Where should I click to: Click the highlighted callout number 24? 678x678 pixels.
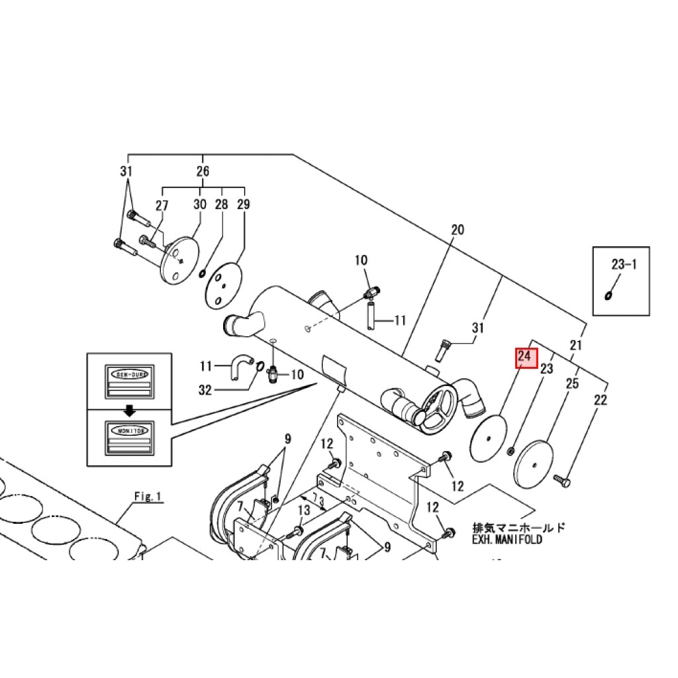524,357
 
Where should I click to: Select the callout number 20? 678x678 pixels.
458,230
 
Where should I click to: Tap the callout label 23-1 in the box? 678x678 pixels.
624,265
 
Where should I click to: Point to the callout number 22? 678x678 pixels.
600,400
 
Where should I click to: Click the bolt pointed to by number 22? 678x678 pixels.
562,479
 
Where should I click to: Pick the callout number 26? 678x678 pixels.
203,171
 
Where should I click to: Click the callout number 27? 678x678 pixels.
162,206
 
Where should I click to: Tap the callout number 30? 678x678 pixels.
200,205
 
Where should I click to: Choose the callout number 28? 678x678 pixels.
221,205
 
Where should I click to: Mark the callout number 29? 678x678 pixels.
243,205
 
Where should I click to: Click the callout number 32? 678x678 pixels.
205,391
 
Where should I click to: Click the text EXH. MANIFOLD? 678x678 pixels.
507,540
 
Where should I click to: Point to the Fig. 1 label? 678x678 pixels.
148,496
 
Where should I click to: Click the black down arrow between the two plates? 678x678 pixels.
130,411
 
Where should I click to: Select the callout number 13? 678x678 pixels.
303,510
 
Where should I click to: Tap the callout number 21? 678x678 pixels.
576,345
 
